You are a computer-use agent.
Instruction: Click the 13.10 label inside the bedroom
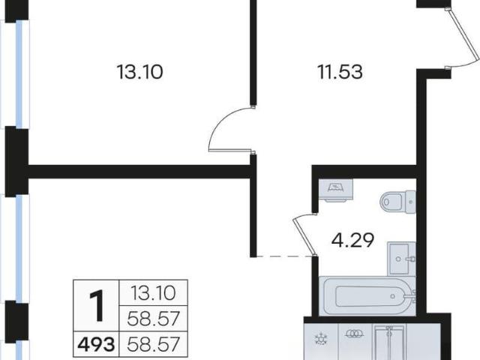pyautogui.click(x=140, y=72)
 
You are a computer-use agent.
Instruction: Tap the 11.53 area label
pyautogui.click(x=340, y=72)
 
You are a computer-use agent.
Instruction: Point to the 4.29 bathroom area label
pyautogui.click(x=352, y=240)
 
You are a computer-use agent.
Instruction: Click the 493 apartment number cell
pyautogui.click(x=97, y=344)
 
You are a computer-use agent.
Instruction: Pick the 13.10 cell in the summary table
pyautogui.click(x=153, y=293)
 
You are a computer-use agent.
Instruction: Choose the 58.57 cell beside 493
pyautogui.click(x=153, y=344)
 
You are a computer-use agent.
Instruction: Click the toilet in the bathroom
pyautogui.click(x=398, y=202)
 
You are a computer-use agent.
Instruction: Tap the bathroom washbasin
pyautogui.click(x=402, y=259)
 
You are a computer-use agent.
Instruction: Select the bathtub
pyautogui.click(x=367, y=296)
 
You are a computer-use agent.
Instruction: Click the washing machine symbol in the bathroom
pyautogui.click(x=336, y=190)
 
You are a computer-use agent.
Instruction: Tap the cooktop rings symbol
pyautogui.click(x=355, y=334)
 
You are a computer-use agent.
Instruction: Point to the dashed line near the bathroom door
pyautogui.click(x=283, y=256)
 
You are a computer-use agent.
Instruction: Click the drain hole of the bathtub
pyautogui.click(x=393, y=296)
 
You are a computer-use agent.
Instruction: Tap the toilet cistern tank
pyautogui.click(x=411, y=202)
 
